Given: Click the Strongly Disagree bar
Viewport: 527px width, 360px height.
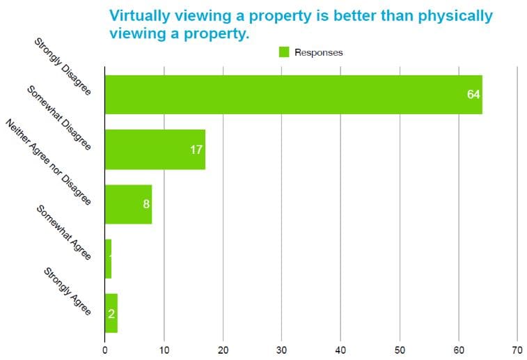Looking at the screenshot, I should point(292,94).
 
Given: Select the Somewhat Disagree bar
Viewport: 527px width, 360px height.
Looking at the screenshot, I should point(155,149).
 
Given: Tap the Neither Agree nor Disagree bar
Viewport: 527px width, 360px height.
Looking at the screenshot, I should point(127,204).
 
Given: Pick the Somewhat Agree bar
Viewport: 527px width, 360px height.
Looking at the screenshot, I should point(108,258).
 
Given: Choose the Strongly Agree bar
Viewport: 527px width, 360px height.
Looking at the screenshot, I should point(111,313).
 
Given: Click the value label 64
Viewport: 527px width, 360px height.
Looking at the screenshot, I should point(473,94).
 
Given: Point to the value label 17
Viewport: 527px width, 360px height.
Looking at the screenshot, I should point(196,149).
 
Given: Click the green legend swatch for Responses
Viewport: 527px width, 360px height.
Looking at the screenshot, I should point(284,52).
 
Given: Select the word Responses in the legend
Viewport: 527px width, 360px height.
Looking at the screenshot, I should point(318,52).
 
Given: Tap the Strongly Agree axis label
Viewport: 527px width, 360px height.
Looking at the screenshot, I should point(68,291).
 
